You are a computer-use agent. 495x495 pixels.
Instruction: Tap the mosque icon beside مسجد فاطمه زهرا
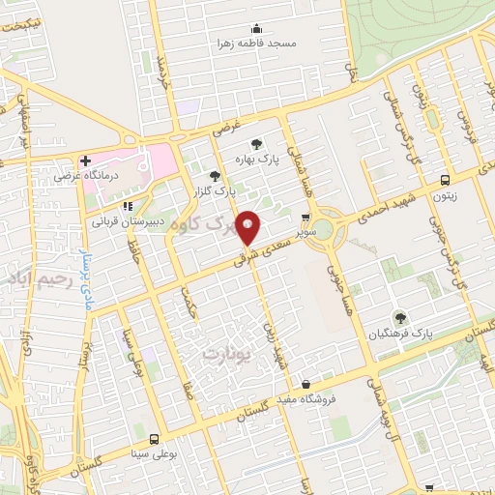tap(255, 29)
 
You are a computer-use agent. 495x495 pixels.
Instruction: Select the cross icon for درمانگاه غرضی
tap(85, 160)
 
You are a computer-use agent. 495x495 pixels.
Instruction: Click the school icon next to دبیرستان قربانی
tap(127, 206)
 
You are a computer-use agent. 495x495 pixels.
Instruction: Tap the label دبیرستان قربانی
tap(122, 220)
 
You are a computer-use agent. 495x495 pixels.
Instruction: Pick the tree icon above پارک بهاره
tap(256, 141)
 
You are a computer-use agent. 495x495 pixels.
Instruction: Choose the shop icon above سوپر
tap(306, 218)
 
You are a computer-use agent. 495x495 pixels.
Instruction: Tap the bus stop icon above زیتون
tap(445, 180)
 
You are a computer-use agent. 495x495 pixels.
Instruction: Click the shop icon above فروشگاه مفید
tap(306, 384)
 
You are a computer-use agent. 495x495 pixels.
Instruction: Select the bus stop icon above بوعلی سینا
tap(155, 439)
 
